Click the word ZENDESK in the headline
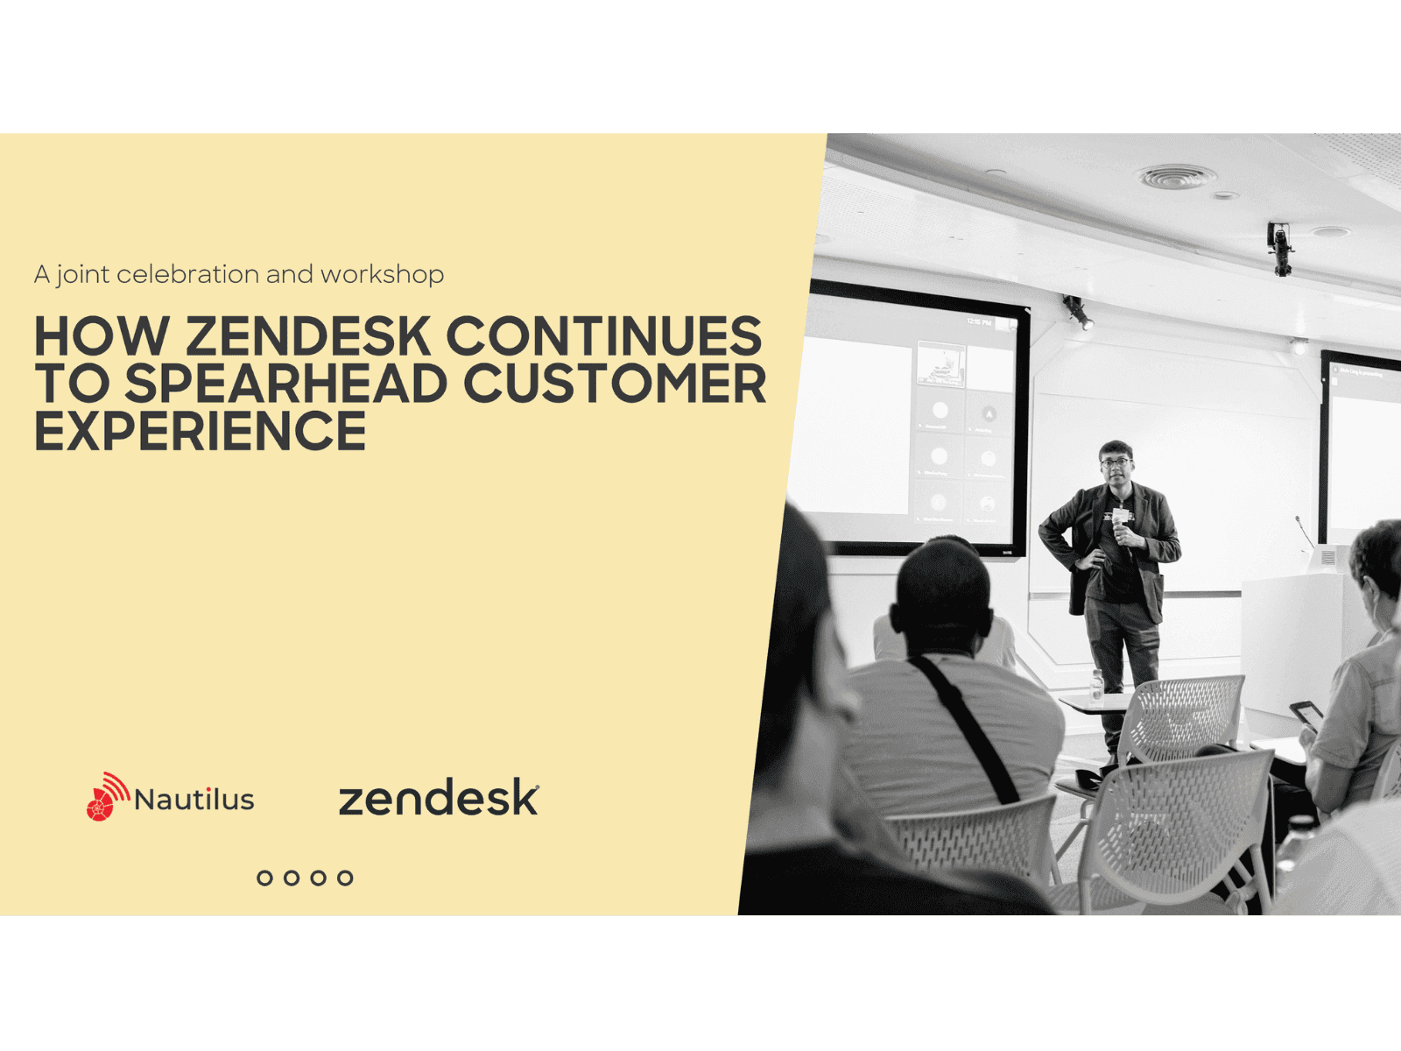(307, 336)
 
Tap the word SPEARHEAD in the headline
(286, 384)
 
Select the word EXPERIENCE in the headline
(201, 431)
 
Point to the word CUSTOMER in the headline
(615, 384)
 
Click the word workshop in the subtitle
(383, 274)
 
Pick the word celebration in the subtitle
(187, 274)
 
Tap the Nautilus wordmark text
(194, 800)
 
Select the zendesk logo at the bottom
(439, 797)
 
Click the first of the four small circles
(265, 878)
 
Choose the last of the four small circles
(345, 878)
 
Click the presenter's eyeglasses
(1115, 462)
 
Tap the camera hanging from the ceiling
(1280, 249)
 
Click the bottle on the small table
(1096, 687)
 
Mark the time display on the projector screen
(979, 322)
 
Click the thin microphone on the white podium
(1304, 532)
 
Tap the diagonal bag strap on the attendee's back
(964, 728)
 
